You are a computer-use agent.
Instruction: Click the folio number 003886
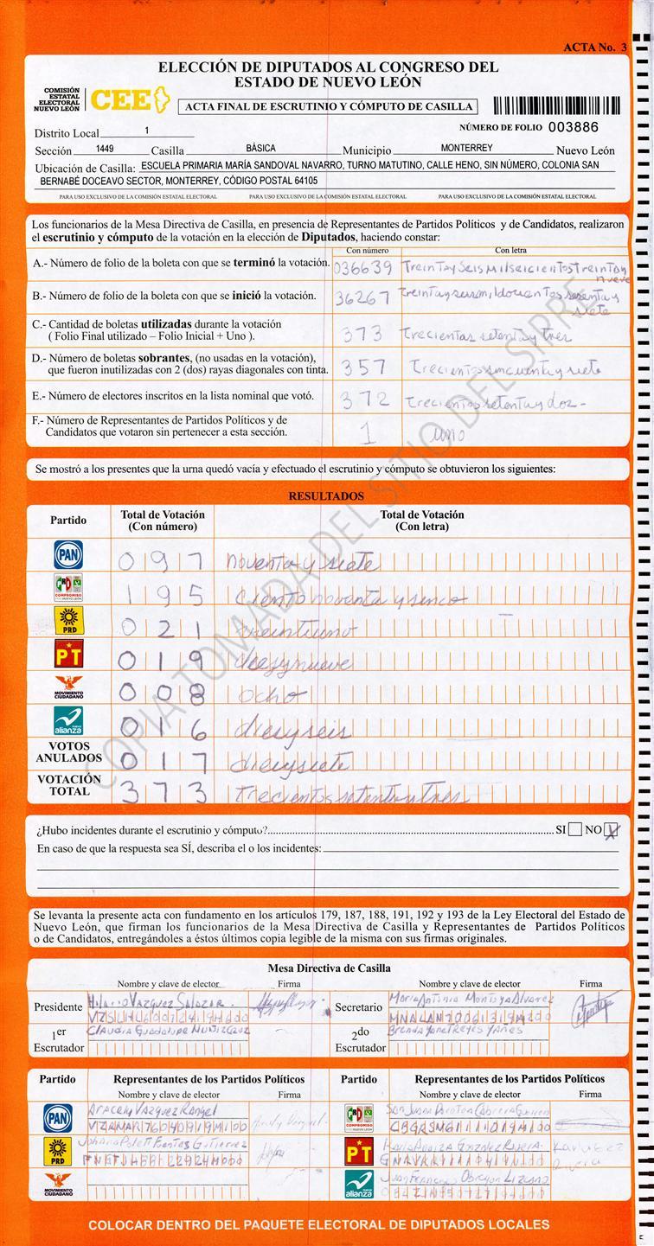[574, 126]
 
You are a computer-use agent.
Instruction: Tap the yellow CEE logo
[122, 100]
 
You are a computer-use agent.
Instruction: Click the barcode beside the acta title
[556, 105]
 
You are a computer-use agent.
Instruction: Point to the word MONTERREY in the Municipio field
[466, 149]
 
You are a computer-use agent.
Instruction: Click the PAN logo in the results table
[68, 554]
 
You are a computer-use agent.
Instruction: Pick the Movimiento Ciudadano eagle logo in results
[68, 689]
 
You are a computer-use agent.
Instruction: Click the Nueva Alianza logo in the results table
[68, 721]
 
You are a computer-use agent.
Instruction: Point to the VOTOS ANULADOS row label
[68, 751]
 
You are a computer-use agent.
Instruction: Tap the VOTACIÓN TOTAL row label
[68, 784]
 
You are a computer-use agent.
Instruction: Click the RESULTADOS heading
[326, 496]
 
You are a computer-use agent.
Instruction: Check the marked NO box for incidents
[612, 830]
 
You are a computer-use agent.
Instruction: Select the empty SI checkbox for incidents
[575, 830]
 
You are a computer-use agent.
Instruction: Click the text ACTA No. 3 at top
[594, 48]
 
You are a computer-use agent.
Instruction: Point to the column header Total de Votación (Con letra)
[422, 520]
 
